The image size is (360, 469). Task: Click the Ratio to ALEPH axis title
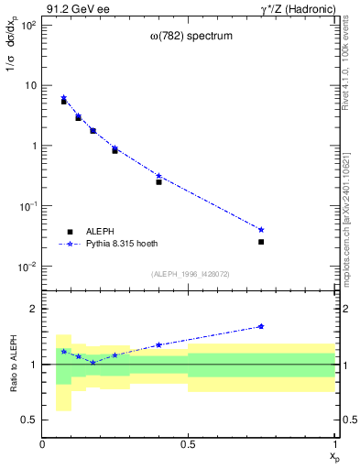tap(16, 365)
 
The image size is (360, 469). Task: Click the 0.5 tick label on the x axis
tap(189, 444)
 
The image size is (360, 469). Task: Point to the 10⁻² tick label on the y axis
tap(27, 267)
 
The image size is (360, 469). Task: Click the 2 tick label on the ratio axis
tap(34, 309)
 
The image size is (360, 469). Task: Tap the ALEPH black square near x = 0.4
tap(158, 182)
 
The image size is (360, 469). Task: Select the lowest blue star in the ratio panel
tap(93, 363)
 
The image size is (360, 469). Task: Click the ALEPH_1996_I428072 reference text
tap(190, 274)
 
